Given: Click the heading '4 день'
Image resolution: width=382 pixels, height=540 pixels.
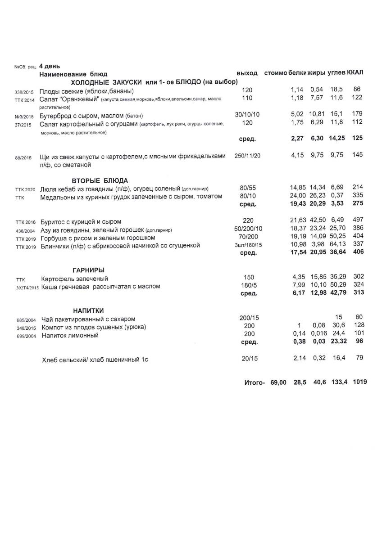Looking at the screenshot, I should click(x=50, y=66).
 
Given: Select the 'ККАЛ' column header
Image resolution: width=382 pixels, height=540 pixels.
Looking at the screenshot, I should click(x=355, y=72).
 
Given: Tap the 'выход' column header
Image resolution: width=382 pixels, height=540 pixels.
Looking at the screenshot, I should click(x=247, y=73).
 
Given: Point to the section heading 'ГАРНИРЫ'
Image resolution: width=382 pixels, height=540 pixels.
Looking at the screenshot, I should click(x=89, y=270).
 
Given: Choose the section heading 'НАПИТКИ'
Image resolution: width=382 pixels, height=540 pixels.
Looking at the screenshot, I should click(x=89, y=310).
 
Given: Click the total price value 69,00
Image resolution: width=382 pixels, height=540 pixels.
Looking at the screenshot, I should click(x=278, y=382).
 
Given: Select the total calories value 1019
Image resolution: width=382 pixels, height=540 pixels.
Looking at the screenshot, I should click(x=360, y=382).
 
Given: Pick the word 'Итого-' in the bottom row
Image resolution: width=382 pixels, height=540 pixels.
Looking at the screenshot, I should click(x=254, y=382).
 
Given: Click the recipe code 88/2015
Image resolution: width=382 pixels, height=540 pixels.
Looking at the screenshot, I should click(x=23, y=158).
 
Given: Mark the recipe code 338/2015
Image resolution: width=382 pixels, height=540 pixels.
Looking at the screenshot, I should click(x=23, y=92).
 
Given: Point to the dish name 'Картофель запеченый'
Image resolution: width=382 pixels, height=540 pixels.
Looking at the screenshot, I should click(x=74, y=279).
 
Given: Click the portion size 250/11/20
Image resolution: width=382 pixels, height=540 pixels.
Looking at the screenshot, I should click(x=248, y=155).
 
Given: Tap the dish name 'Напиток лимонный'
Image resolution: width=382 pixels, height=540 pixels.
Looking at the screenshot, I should click(x=70, y=335).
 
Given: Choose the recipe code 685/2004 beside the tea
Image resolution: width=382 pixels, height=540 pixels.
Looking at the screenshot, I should click(x=23, y=320).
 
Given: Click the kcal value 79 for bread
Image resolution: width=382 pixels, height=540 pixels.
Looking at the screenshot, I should click(x=359, y=358).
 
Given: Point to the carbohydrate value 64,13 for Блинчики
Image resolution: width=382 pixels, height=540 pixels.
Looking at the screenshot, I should click(x=336, y=245).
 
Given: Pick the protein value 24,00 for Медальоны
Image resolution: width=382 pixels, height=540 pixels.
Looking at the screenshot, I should click(x=298, y=196).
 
